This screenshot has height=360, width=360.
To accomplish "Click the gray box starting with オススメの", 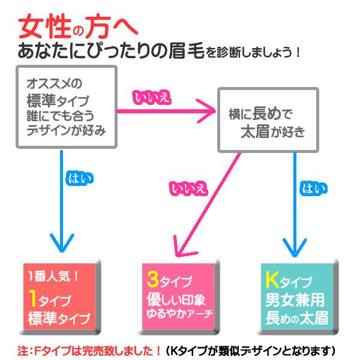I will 65,106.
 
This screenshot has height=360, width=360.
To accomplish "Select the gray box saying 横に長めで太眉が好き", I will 266,119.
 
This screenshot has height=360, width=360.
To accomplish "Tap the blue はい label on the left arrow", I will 78,179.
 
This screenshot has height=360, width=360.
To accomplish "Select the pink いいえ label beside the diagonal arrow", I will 188,188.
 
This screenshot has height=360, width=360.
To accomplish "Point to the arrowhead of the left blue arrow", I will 62,245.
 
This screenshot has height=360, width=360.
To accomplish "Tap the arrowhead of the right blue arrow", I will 295,246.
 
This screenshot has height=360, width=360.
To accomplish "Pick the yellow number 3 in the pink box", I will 152,280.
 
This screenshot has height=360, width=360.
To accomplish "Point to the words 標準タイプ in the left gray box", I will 57,100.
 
